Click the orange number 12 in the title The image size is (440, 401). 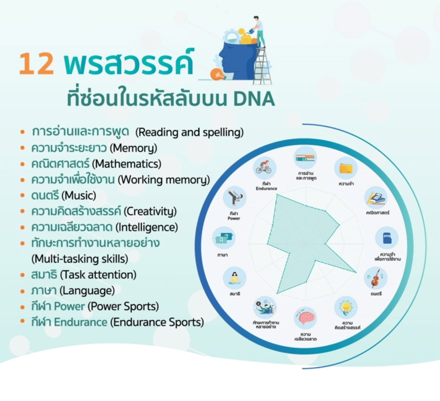(x=36, y=64)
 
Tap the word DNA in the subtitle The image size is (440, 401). (x=254, y=99)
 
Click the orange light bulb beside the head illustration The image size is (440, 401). (x=217, y=74)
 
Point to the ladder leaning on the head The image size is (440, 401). (x=262, y=66)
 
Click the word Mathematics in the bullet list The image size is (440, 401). (x=127, y=164)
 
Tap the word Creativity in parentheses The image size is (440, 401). (x=150, y=212)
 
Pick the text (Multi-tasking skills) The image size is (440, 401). (x=80, y=259)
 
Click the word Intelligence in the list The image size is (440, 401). (x=147, y=227)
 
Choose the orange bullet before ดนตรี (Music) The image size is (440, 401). (x=23, y=195)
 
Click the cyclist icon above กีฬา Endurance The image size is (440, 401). (x=264, y=168)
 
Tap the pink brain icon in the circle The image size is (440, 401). (x=305, y=318)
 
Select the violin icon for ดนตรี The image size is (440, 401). (x=375, y=278)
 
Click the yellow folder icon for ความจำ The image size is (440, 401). (x=346, y=168)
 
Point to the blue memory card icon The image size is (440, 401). (x=387, y=238)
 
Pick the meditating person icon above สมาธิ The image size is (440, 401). (x=235, y=278)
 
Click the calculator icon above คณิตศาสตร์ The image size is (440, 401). (x=376, y=197)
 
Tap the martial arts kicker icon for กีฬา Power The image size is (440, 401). (x=235, y=197)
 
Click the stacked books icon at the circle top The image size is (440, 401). (x=305, y=157)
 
